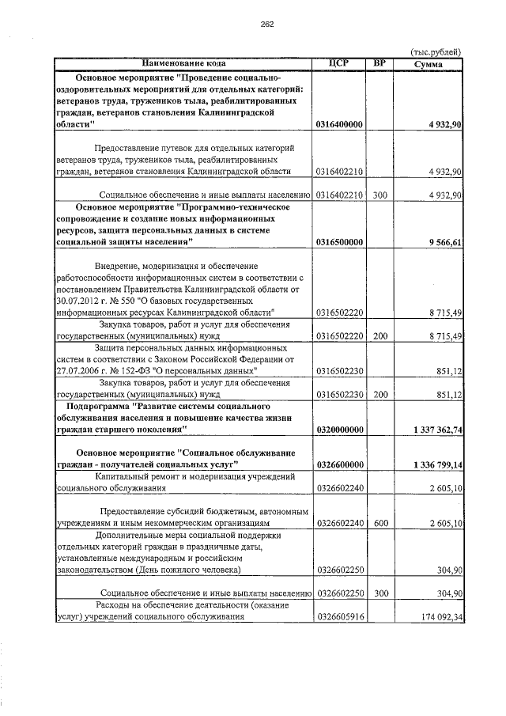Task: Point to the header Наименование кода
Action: pos(184,63)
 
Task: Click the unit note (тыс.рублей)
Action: pos(436,51)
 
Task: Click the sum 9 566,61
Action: pos(441,241)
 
